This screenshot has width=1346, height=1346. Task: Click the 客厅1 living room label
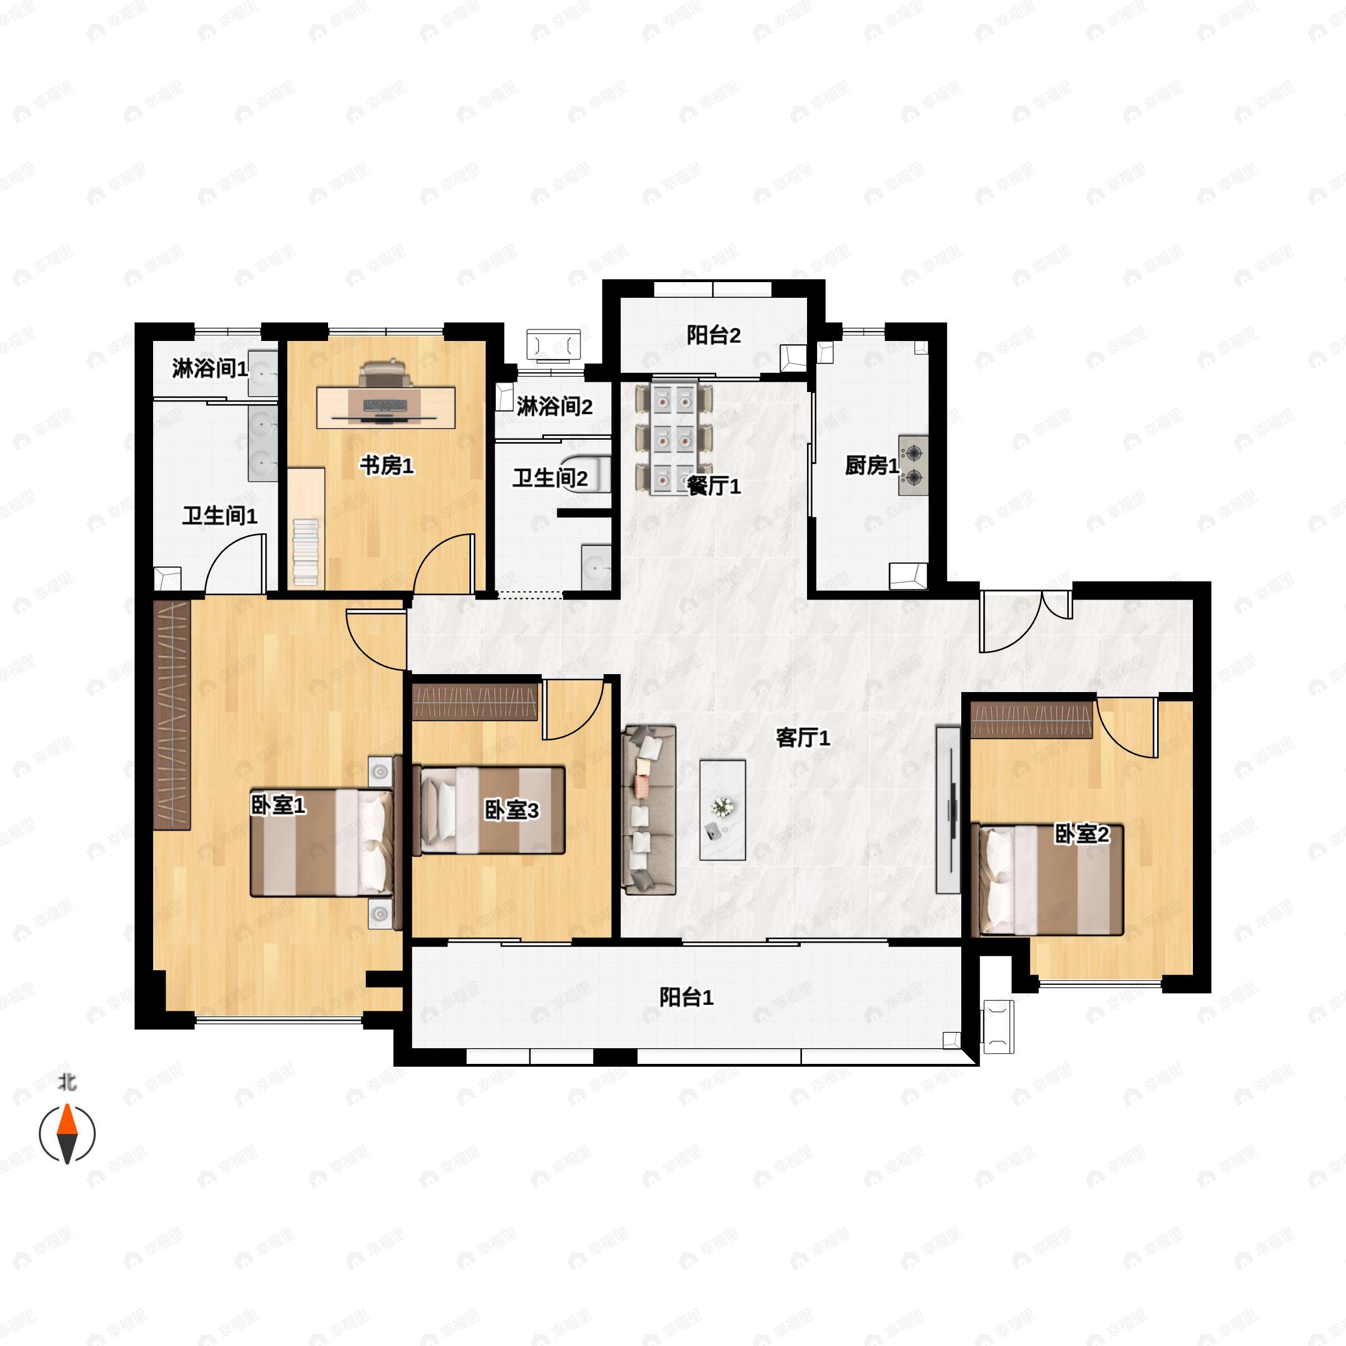click(803, 737)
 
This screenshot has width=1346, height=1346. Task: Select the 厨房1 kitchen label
click(871, 465)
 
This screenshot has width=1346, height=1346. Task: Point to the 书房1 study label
click(386, 465)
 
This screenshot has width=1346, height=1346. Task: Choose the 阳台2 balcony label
click(713, 335)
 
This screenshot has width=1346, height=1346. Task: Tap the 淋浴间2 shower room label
click(554, 406)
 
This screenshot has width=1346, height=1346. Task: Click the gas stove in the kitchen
click(912, 465)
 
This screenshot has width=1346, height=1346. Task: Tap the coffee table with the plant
click(722, 809)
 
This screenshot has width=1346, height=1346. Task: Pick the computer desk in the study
click(386, 408)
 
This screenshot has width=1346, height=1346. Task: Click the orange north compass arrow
click(67, 1121)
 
